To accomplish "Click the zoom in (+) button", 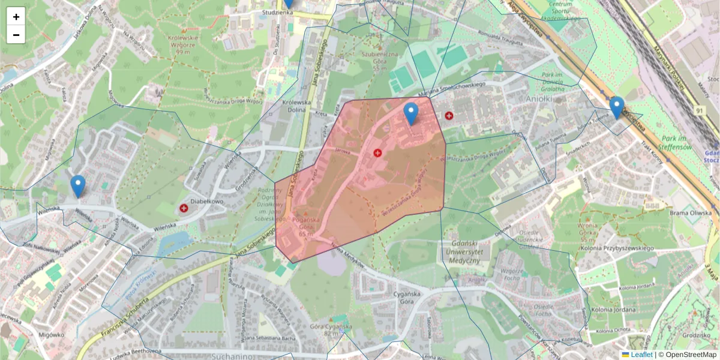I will coord(16,17).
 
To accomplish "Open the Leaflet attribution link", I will coord(641,355).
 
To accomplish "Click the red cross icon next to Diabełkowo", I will coord(184,208).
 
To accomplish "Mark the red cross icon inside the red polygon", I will coord(377,153).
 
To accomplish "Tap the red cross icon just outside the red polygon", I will coord(449,115).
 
